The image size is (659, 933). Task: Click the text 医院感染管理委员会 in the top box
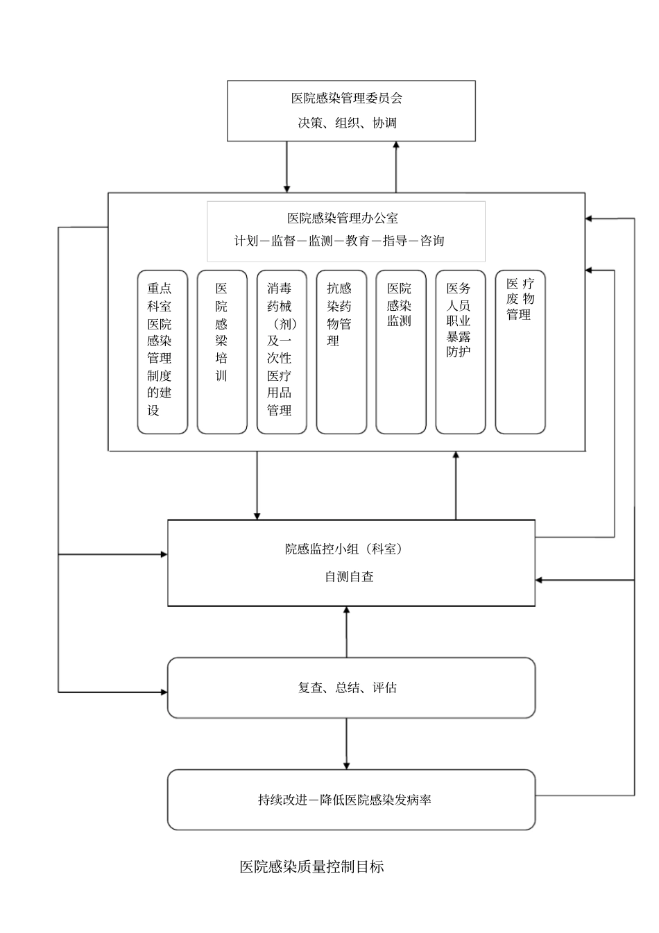coord(346,99)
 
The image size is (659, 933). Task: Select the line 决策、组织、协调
coord(347,123)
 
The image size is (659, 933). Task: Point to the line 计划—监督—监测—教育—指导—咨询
coord(339,241)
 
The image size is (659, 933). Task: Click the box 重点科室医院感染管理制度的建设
coord(162,352)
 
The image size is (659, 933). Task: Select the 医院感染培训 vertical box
coord(222,352)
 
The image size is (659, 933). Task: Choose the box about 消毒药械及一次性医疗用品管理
coord(282,352)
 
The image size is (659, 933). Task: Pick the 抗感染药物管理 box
coord(341,352)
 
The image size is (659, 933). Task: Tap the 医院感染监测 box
coord(401,352)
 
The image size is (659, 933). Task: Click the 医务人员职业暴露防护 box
coord(460,352)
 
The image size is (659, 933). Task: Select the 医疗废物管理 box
coord(520,352)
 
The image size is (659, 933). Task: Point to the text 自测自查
coord(349,576)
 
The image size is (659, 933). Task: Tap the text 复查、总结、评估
coord(347,687)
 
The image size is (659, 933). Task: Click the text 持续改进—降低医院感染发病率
coord(345,800)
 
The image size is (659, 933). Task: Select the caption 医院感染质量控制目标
coord(311,866)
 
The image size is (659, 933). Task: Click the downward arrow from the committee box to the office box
coord(286,167)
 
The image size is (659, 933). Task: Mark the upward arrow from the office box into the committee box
coord(396,166)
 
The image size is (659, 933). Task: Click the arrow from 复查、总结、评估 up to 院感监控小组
coord(346,632)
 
